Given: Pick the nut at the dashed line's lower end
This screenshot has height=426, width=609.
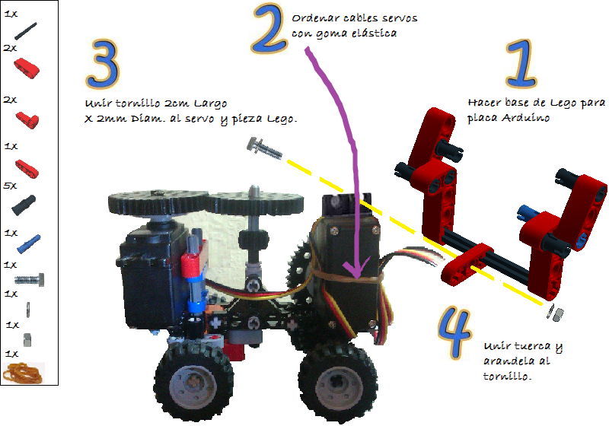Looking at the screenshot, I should point(556,313).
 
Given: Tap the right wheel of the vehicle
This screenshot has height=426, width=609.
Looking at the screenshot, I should point(329,380).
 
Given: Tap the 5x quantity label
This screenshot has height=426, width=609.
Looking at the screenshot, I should point(10,185).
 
